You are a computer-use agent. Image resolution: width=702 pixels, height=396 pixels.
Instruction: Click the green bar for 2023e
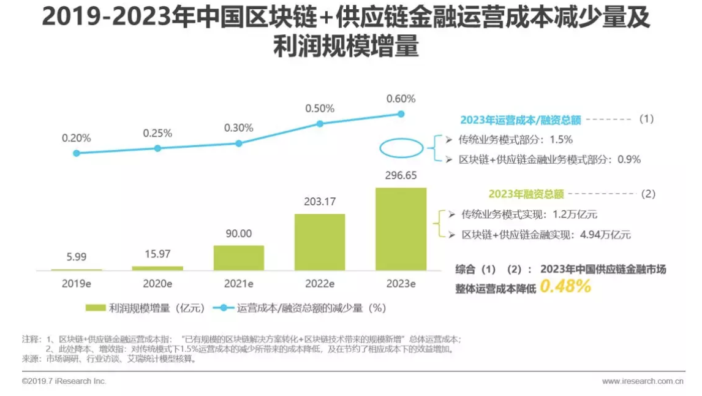click(401, 229)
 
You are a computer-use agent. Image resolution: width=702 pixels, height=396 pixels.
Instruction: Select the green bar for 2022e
click(320, 242)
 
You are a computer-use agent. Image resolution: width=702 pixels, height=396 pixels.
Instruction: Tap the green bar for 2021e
click(238, 257)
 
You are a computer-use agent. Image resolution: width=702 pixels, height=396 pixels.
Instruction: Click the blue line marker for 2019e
click(76, 153)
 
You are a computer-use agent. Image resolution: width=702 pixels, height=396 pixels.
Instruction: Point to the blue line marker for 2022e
click(320, 123)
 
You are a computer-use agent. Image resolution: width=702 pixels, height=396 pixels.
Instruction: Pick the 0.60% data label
click(401, 99)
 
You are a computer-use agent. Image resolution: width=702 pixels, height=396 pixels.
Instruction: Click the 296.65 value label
click(401, 176)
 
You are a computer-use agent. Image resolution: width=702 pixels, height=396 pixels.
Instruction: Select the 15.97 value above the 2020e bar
click(157, 254)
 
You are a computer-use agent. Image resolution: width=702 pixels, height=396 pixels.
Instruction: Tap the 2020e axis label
click(157, 284)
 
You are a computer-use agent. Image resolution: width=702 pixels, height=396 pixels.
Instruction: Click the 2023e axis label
click(401, 284)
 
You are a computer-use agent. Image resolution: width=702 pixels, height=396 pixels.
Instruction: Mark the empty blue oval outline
click(401, 148)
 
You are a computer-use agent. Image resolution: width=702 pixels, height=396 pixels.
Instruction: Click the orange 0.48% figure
click(565, 286)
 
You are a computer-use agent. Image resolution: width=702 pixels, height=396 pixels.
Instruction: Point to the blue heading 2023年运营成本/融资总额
click(520, 120)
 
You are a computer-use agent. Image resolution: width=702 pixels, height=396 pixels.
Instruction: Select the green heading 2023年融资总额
click(526, 194)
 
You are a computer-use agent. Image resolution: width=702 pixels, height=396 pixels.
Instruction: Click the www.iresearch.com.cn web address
click(642, 381)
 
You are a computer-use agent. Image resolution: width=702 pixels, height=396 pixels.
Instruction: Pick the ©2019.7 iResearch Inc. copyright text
click(64, 381)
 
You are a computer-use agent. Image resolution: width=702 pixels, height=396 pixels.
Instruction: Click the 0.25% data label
click(157, 133)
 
